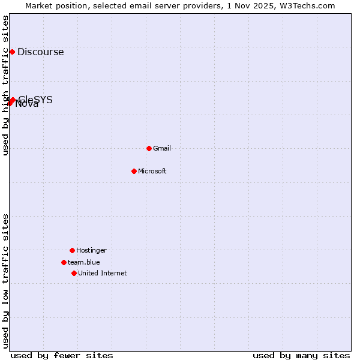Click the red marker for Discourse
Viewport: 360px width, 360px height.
tap(12, 52)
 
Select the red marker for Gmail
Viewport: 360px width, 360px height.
tap(149, 148)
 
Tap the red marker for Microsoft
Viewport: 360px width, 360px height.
tap(134, 171)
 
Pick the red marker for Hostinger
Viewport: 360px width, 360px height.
tap(72, 250)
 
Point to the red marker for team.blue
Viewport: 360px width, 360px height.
tap(64, 262)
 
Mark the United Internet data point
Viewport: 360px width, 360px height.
tap(74, 273)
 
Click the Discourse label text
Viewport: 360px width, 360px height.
tap(40, 52)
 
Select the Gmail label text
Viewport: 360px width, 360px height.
tap(162, 148)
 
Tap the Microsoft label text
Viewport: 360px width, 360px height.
tap(152, 171)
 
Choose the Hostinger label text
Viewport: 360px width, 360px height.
tap(91, 250)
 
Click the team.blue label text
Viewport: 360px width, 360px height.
tap(83, 262)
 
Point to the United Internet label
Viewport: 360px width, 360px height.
tap(102, 273)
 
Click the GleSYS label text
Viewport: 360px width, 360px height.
tap(36, 99)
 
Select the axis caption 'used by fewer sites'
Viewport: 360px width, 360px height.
tap(62, 355)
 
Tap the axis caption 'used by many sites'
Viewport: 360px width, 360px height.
tap(301, 355)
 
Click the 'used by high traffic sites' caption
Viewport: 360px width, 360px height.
tap(6, 85)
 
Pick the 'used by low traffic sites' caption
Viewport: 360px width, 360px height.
tap(6, 281)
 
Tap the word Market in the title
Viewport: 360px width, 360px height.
tap(39, 5)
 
